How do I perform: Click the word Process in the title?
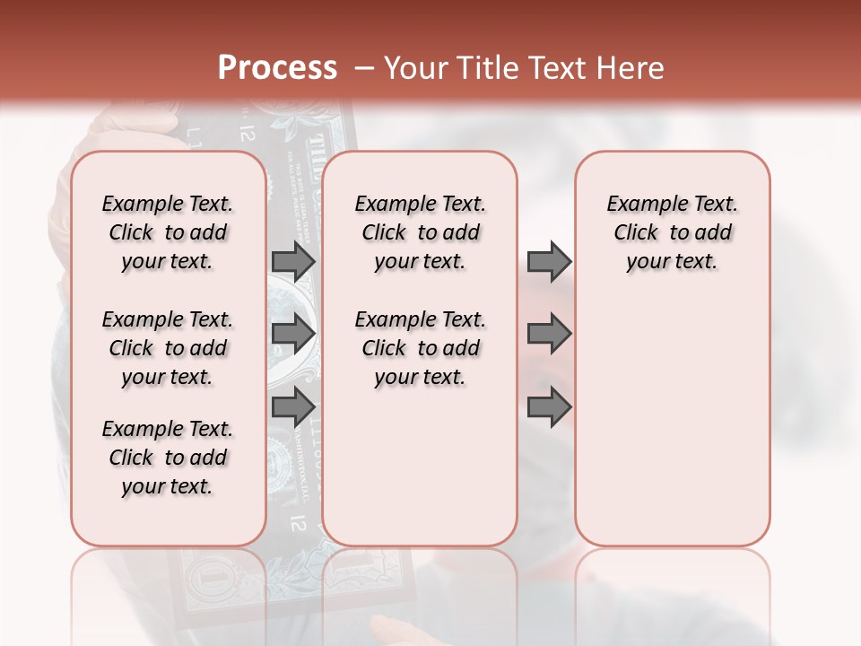point(277,67)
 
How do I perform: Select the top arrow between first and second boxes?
point(293,262)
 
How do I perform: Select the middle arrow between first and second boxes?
point(293,334)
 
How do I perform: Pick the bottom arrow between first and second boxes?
point(293,407)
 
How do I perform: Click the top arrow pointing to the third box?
point(549,262)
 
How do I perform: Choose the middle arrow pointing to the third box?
point(549,334)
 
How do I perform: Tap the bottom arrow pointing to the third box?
point(549,407)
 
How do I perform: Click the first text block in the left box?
point(168,232)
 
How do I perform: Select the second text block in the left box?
point(168,348)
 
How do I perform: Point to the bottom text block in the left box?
point(168,458)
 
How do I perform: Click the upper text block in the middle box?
point(420,232)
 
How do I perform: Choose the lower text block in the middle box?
point(420,348)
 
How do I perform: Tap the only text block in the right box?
point(672,232)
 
